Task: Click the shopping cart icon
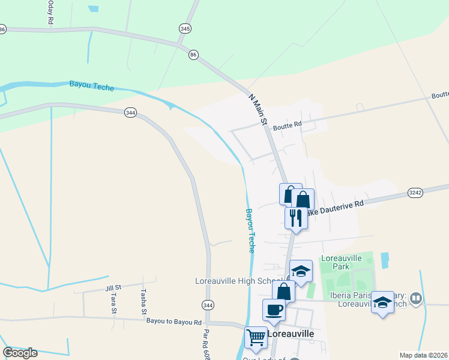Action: pos(256,337)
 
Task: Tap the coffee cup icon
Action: pos(274,310)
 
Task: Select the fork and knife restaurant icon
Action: pos(295,217)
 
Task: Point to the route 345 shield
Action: pos(185,28)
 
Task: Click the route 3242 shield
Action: pos(415,193)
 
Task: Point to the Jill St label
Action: pos(113,288)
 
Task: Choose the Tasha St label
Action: pos(143,302)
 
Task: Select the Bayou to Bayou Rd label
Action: pos(173,322)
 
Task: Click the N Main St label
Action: pos(258,108)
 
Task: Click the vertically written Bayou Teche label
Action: pos(252,230)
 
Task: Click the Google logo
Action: pos(20,353)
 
